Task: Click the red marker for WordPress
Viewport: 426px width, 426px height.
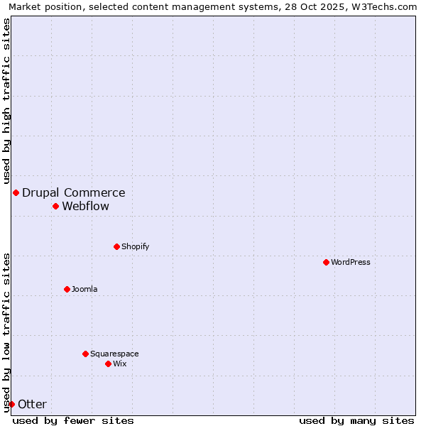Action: point(326,262)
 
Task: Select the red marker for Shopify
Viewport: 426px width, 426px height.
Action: point(116,246)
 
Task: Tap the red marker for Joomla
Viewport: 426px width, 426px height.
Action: point(67,289)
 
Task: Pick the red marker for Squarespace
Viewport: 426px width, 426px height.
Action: point(85,354)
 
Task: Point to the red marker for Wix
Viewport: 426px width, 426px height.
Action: point(108,364)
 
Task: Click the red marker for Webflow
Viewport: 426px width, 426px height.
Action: point(55,206)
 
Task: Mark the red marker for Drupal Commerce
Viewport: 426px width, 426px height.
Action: point(16,192)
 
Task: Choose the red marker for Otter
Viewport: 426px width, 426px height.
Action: point(11,404)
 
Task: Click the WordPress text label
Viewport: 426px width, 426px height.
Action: point(351,262)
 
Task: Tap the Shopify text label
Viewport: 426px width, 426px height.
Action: point(136,246)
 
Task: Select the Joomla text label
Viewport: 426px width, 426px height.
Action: point(84,289)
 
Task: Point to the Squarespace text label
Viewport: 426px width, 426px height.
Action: point(114,354)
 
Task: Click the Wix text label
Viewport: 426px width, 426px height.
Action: point(120,364)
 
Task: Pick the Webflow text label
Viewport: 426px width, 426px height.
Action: point(86,206)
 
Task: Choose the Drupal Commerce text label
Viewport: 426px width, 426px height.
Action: point(74,192)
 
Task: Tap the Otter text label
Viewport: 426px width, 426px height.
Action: point(33,404)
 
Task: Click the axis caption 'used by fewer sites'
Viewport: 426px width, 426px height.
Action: point(73,420)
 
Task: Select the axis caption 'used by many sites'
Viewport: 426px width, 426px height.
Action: point(356,420)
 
